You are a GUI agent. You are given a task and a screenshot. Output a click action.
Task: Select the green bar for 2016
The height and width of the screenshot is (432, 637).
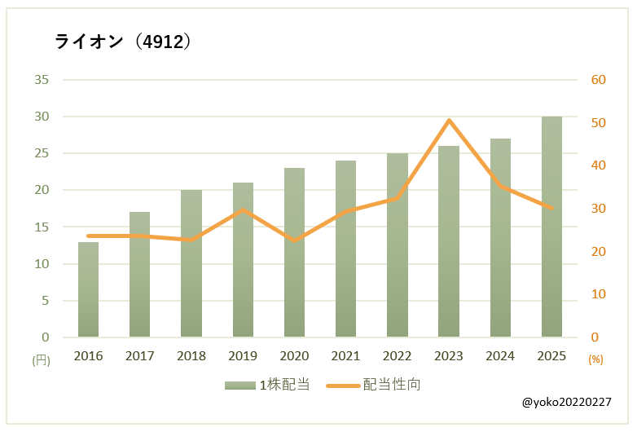(88, 289)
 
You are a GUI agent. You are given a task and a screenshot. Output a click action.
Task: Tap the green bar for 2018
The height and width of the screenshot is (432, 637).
(191, 263)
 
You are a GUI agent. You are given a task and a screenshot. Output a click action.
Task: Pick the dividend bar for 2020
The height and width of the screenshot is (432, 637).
(294, 253)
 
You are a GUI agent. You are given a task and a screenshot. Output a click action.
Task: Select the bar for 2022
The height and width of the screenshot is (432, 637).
(398, 245)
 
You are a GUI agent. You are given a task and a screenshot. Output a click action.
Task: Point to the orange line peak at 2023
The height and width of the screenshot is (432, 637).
(449, 121)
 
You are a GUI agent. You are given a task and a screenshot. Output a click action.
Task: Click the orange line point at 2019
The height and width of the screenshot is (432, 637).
(243, 209)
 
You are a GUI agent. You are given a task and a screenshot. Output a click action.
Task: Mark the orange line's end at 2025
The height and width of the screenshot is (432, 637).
(551, 209)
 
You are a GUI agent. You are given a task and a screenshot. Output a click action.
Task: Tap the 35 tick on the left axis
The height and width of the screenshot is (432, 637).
(42, 80)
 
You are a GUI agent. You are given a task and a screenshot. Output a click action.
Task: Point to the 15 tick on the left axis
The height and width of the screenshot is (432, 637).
(42, 227)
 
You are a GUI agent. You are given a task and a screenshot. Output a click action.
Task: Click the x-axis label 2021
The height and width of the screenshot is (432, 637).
(345, 356)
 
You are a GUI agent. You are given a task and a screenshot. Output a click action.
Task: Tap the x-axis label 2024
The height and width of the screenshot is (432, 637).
(500, 356)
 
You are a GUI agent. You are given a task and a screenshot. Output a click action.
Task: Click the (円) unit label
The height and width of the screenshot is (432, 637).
(41, 359)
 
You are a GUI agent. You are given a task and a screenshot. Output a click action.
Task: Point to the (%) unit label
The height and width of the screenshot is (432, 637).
(595, 359)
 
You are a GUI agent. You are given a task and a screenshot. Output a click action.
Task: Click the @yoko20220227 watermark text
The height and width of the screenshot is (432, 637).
(566, 403)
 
